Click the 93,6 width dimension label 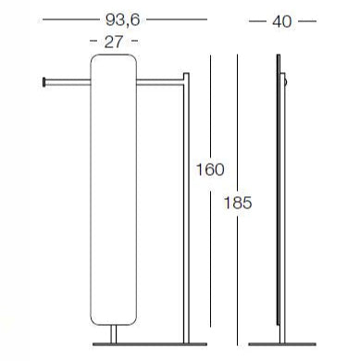click(x=123, y=20)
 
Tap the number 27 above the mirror click(x=114, y=42)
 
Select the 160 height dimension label click(x=210, y=169)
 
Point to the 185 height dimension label click(x=238, y=203)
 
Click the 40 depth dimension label click(x=282, y=21)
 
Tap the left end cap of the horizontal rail click(x=44, y=81)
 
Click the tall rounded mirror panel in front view click(x=114, y=190)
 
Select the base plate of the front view click(x=150, y=344)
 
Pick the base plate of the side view click(x=282, y=344)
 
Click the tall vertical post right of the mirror click(x=186, y=208)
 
